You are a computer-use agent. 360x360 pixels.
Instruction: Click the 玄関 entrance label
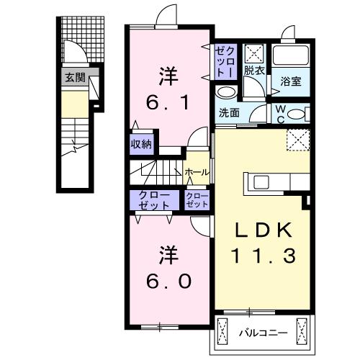[x=74, y=78]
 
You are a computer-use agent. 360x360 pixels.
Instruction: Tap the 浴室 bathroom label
[x=292, y=82]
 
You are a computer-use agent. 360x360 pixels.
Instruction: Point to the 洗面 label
[x=229, y=112]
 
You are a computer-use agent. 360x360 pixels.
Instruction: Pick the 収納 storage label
[x=141, y=144]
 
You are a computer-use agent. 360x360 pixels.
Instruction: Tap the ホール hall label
[x=197, y=172]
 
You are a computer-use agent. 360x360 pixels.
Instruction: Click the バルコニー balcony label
[x=263, y=334]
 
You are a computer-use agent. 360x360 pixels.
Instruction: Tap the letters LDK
[x=263, y=230]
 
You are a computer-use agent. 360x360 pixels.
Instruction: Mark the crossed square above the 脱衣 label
[x=253, y=53]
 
